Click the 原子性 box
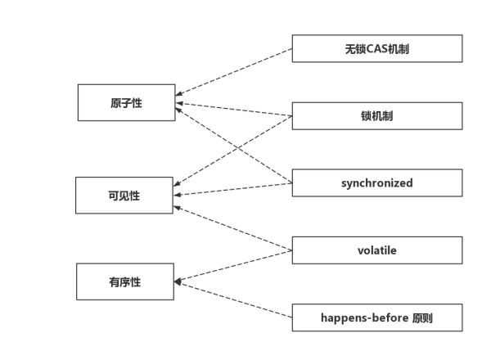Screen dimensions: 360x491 point(126,102)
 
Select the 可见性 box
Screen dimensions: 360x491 point(124,196)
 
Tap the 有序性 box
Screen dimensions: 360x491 point(124,281)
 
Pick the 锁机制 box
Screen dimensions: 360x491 point(376,115)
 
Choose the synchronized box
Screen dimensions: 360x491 point(376,182)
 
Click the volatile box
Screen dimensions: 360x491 point(376,250)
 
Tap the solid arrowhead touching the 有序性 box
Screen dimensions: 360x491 point(178,282)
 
